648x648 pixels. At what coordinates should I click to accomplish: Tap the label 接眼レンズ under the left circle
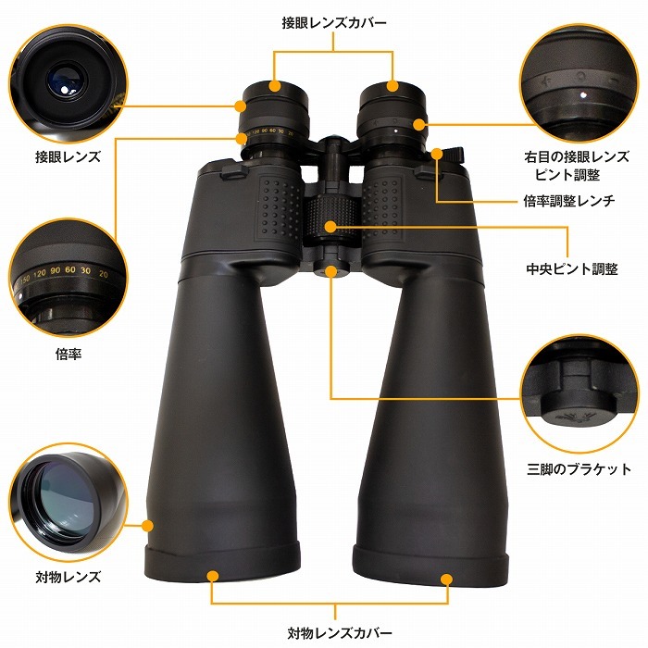[68, 157]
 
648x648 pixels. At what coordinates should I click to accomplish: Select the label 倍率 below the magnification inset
[68, 353]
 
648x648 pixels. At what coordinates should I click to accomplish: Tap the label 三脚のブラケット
[576, 469]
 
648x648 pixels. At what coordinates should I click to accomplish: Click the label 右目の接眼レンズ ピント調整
[576, 166]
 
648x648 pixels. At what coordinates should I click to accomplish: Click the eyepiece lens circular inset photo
[68, 77]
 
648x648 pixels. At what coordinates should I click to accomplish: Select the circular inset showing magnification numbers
[68, 274]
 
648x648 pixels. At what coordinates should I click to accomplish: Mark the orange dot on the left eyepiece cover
[275, 86]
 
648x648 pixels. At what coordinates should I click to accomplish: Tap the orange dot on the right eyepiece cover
[392, 86]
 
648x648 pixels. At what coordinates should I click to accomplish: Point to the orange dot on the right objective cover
[447, 579]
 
